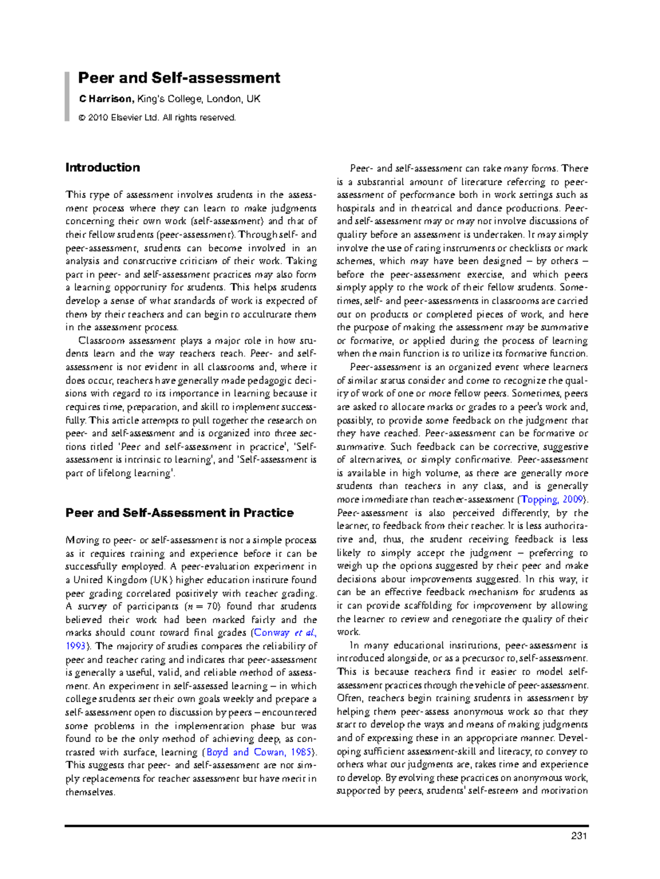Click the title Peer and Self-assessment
pos(179,78)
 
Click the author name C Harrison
pos(106,99)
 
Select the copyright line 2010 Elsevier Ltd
pos(157,118)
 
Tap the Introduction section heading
pos(102,168)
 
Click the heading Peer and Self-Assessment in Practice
pos(179,513)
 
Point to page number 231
pos(579,836)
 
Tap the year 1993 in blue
pos(75,646)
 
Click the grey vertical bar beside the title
pos(67,96)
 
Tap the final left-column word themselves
pos(90,792)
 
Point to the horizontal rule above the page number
pos(327,826)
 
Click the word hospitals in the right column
pos(356,208)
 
